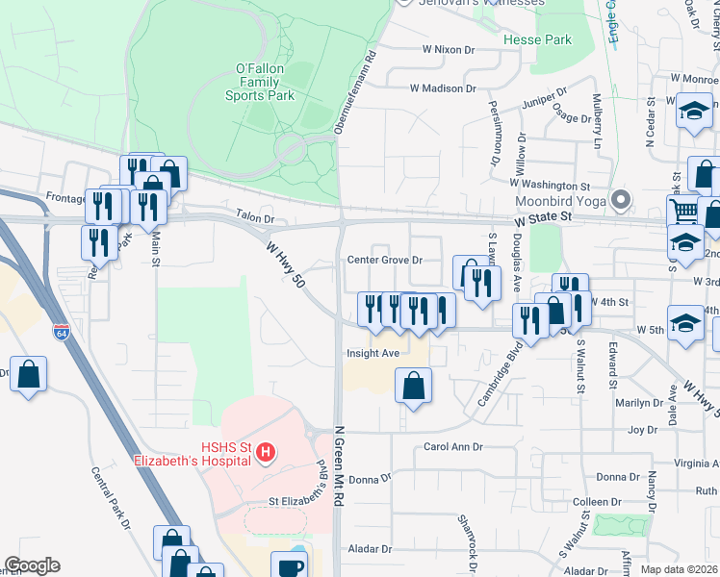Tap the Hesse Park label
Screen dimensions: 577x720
click(x=537, y=40)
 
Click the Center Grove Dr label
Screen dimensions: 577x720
click(x=386, y=260)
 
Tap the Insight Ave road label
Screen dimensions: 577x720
click(x=373, y=353)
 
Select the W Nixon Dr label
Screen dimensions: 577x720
click(x=450, y=48)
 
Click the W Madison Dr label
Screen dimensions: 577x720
click(x=443, y=88)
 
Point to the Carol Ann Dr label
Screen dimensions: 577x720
click(x=452, y=447)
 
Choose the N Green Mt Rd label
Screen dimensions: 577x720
click(x=338, y=467)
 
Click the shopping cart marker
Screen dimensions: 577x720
click(x=683, y=211)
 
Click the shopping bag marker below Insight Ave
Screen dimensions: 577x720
click(x=413, y=387)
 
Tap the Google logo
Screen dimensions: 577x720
click(x=32, y=565)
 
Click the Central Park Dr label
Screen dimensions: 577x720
click(x=110, y=498)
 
